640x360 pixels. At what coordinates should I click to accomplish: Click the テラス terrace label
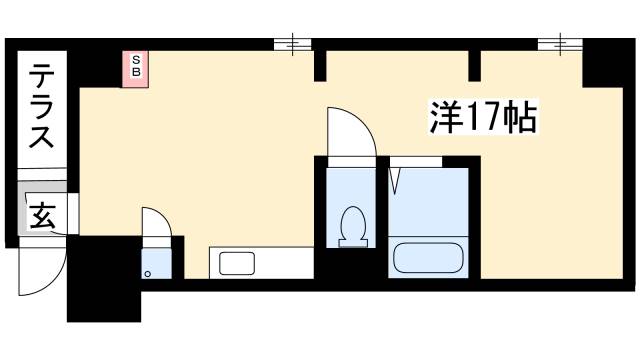point(41,106)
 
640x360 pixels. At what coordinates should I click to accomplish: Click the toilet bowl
point(353,224)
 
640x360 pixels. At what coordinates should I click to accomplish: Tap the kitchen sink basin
point(236,265)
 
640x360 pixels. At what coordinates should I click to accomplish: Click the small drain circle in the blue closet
point(148,271)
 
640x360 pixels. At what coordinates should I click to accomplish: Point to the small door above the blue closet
point(155,226)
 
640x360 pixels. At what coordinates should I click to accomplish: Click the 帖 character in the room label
point(520,119)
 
